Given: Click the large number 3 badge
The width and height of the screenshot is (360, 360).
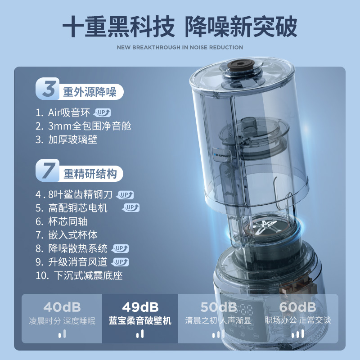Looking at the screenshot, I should [x=48, y=89].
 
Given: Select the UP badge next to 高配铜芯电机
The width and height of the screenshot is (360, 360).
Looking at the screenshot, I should [x=131, y=207].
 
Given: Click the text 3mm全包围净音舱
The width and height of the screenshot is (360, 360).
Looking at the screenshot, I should [x=90, y=126].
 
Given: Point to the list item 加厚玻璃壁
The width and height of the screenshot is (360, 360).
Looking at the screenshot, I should [x=72, y=139].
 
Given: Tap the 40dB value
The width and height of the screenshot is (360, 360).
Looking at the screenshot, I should [x=62, y=307].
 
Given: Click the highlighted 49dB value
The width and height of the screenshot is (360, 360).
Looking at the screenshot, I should [x=140, y=307].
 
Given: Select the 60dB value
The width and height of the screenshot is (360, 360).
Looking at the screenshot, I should [x=297, y=307].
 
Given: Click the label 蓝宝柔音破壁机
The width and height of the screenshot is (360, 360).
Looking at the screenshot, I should [x=140, y=321].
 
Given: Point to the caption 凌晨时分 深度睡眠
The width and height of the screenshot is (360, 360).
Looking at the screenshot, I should [x=62, y=321].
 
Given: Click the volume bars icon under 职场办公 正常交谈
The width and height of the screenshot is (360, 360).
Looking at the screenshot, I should [x=297, y=334].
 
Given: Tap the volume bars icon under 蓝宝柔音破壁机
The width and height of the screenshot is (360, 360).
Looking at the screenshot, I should [x=140, y=334].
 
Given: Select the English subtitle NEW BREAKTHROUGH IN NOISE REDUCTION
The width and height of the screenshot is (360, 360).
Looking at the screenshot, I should [x=180, y=47].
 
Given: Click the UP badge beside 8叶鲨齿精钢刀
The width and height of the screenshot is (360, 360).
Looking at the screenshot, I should [x=126, y=195].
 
